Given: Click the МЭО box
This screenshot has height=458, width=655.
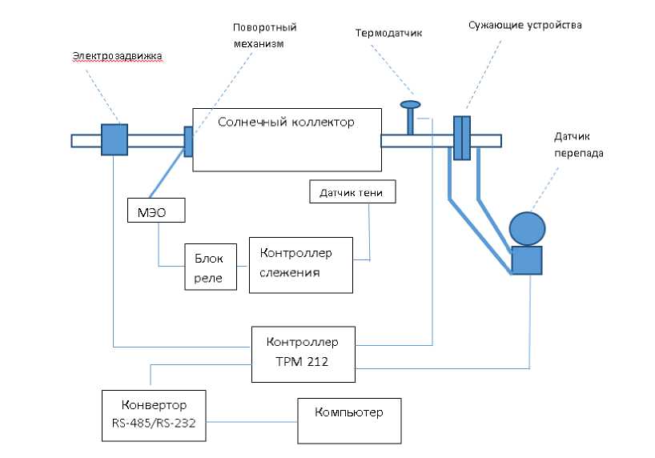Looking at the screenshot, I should pyautogui.click(x=156, y=210).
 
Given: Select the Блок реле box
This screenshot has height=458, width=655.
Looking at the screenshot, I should pyautogui.click(x=211, y=267).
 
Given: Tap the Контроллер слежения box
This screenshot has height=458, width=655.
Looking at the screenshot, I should pyautogui.click(x=301, y=264).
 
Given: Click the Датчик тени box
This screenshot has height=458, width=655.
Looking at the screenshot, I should pyautogui.click(x=352, y=191).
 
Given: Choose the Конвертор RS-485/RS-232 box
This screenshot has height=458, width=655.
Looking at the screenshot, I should pyautogui.click(x=155, y=415).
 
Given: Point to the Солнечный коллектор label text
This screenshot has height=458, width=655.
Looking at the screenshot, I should pyautogui.click(x=286, y=122).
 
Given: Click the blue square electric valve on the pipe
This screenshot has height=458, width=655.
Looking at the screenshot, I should pyautogui.click(x=115, y=139).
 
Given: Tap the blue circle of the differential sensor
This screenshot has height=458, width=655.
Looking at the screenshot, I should pyautogui.click(x=526, y=227).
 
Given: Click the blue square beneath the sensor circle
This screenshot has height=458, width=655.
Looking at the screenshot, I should pyautogui.click(x=526, y=260).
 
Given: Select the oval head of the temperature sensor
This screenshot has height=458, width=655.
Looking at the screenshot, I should pyautogui.click(x=410, y=104).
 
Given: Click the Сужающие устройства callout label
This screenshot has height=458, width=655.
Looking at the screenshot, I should pyautogui.click(x=524, y=25).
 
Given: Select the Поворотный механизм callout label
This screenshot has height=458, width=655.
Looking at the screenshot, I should pyautogui.click(x=259, y=35).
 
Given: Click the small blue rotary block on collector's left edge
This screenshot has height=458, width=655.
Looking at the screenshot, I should pyautogui.click(x=188, y=141).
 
